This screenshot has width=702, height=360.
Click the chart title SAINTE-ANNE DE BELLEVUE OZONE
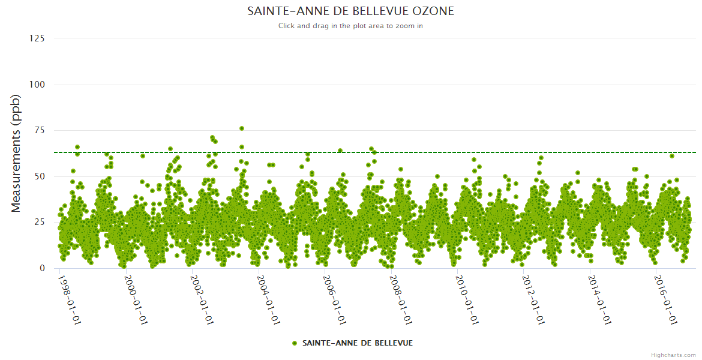pos(350,11)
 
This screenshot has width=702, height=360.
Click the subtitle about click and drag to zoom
pos(350,26)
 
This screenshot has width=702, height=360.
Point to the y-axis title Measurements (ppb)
pos(16,153)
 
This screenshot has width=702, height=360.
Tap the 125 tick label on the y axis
pos(37,38)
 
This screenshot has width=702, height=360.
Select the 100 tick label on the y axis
pos(37,85)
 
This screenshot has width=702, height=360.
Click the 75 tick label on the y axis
pos(39,130)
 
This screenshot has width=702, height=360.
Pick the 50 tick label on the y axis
pos(39,176)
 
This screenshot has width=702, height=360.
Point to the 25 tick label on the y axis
pos(39,223)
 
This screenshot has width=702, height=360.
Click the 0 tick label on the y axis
pos(42,268)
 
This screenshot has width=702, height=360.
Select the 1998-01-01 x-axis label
pos(70,299)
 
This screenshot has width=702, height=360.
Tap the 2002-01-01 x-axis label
pos(202,299)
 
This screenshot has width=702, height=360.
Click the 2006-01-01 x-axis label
pos(335,299)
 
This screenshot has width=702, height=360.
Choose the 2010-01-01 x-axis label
pos(467,299)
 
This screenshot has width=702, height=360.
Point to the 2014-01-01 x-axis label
pos(600,299)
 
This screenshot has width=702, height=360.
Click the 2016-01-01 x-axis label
pos(666,299)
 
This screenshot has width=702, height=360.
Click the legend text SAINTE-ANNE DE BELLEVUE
pos(357,343)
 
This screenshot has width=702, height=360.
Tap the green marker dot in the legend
pos(295,343)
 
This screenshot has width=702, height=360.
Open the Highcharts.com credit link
pos(673,355)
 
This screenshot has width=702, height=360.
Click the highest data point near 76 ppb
pos(242,128)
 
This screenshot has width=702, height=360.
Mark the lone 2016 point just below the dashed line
pos(672,156)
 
